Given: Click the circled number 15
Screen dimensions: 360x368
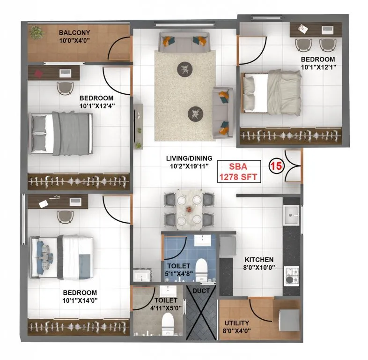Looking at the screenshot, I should pos(276,165).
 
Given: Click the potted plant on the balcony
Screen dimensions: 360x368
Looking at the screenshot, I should pos(37,33).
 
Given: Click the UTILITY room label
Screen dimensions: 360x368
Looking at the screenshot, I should pos(236,323).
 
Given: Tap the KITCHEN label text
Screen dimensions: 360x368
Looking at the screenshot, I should pos(258,259).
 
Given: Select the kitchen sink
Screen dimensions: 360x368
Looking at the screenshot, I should pos(291,216).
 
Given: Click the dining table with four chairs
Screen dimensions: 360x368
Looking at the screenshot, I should pos(189,208).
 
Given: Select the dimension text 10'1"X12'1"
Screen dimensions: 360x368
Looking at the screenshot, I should pos(317,67).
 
